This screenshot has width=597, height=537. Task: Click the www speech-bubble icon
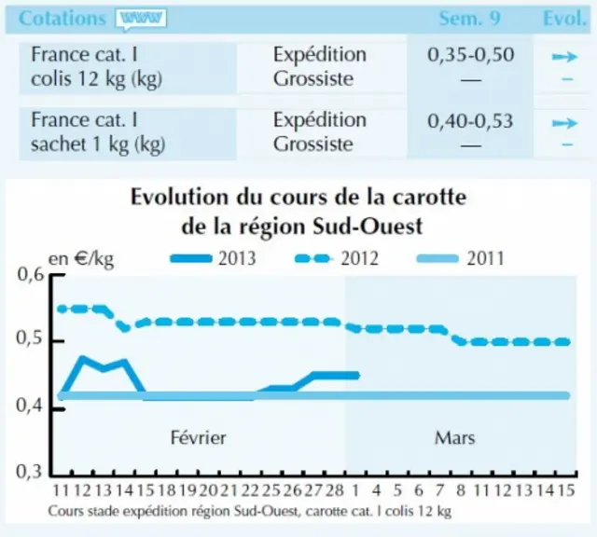[141, 19]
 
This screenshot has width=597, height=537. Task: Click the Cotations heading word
[62, 19]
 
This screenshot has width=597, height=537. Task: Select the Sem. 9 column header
[470, 19]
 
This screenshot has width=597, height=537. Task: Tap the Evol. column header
[564, 19]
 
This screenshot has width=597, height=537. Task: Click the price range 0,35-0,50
[470, 55]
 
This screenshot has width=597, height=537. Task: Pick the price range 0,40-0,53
[470, 120]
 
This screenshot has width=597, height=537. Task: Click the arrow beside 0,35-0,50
[565, 57]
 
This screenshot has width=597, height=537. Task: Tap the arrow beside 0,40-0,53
[565, 123]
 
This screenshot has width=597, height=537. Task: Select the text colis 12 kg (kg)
[97, 79]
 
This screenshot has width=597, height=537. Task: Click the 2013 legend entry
[213, 259]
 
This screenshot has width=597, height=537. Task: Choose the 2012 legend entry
[337, 259]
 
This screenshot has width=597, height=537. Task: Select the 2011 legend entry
[461, 259]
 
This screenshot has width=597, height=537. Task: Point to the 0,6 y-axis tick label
[31, 274]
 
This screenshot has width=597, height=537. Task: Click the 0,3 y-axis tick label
[29, 472]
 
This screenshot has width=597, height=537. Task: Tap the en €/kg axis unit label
[81, 259]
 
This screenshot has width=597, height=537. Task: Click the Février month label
[198, 437]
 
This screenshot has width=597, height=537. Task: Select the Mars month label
[454, 437]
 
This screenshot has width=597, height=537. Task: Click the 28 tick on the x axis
[335, 490]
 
